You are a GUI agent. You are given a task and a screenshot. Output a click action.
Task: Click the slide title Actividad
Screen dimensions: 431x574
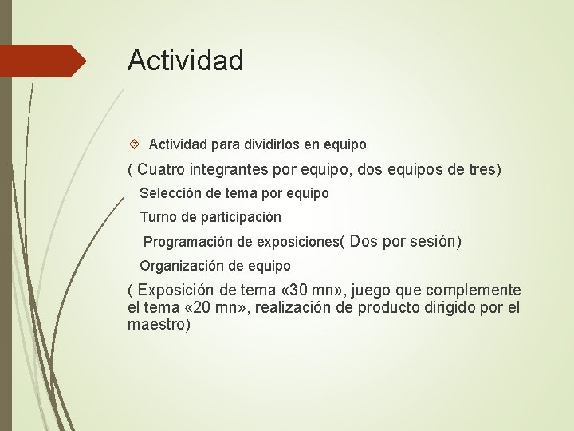click(x=185, y=61)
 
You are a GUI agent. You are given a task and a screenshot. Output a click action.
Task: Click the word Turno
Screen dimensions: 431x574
click(x=157, y=217)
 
